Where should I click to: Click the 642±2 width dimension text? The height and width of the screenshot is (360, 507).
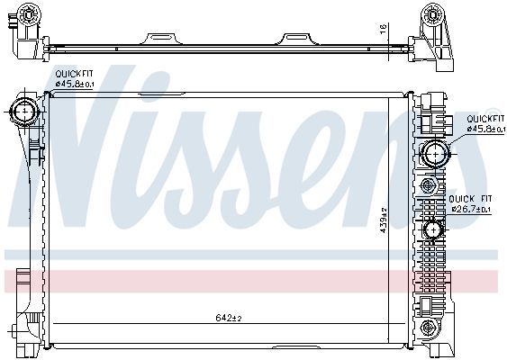click(x=229, y=318)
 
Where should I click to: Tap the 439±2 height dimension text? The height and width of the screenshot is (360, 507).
click(x=381, y=216)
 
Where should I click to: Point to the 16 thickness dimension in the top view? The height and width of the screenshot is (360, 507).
click(x=382, y=30)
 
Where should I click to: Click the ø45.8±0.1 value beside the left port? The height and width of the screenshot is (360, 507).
click(x=75, y=85)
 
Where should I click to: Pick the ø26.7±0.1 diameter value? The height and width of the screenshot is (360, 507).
click(x=471, y=209)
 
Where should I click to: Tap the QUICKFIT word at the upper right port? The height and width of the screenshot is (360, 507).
click(x=484, y=119)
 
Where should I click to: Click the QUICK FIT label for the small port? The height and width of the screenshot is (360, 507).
click(x=471, y=199)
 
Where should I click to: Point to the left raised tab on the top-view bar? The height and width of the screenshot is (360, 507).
click(x=163, y=38)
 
